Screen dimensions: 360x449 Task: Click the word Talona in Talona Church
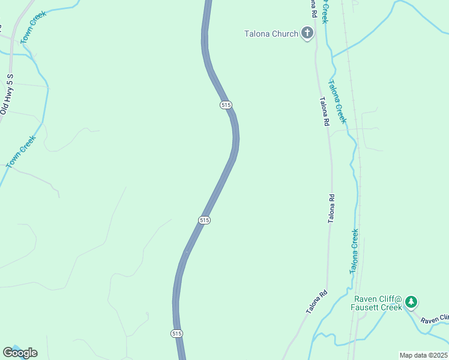tap(258, 34)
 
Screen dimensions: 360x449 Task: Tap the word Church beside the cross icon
tap(285, 34)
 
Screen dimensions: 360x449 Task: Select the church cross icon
tap(307, 33)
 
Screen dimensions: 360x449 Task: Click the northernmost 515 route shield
tap(226, 105)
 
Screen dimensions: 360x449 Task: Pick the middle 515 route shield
tap(204, 220)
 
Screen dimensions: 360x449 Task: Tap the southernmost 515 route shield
tap(176, 334)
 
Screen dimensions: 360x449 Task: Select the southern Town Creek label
tap(22, 151)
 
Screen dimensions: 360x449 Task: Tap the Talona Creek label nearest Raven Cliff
tap(355, 251)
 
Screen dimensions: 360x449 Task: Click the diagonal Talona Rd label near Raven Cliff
tap(317, 301)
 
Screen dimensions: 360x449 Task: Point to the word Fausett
tap(366, 308)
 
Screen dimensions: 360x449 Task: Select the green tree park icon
tap(411, 302)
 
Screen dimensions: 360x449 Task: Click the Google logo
tap(20, 352)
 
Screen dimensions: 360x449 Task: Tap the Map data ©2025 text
tap(423, 355)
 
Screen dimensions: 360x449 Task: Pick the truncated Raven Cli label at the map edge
tap(435, 319)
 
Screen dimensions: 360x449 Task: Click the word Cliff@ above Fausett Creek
tap(390, 299)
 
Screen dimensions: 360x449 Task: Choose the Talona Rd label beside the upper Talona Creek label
tap(325, 111)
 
